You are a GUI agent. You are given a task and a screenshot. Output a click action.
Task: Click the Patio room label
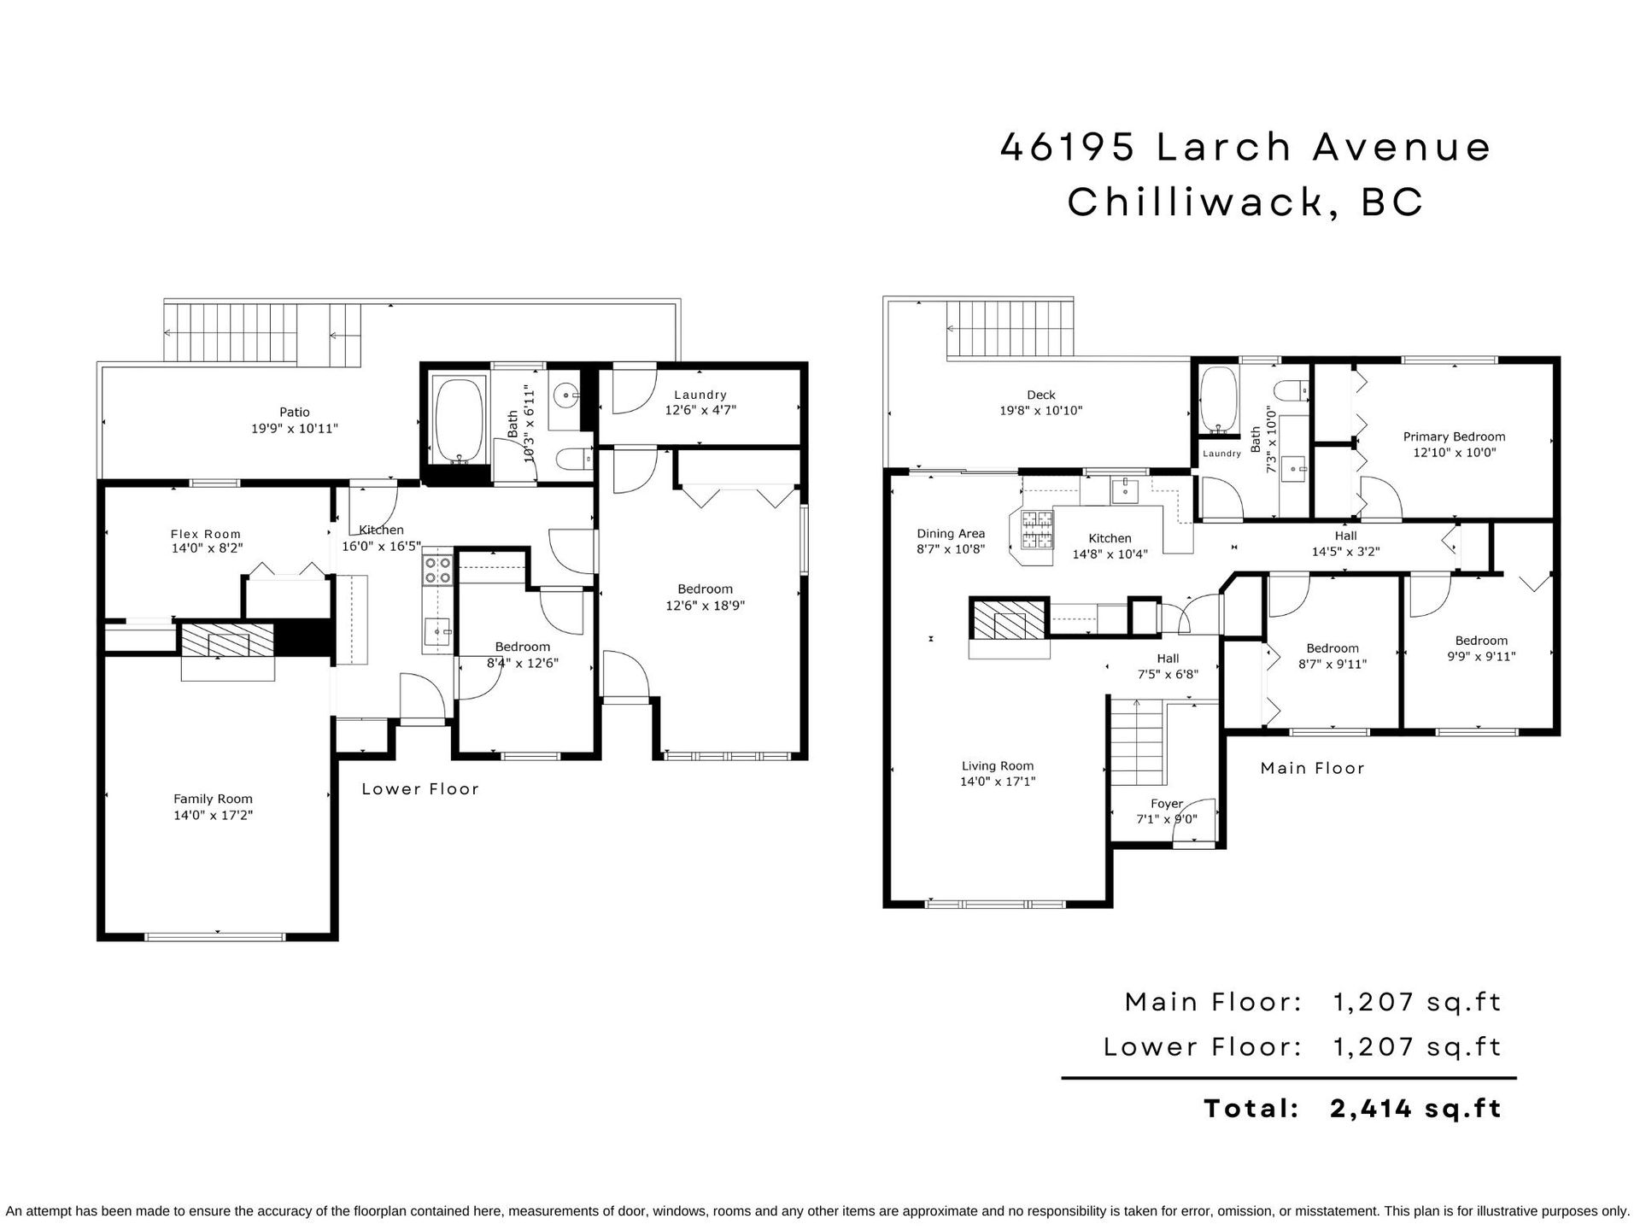click(295, 413)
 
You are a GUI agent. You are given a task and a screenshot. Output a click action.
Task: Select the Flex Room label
click(206, 535)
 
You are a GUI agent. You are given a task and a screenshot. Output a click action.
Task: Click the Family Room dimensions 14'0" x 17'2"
click(214, 815)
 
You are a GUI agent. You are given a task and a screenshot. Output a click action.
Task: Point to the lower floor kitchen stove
click(437, 570)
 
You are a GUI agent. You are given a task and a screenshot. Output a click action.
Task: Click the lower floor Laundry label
click(700, 395)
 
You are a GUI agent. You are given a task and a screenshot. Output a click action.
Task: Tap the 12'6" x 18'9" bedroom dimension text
click(706, 606)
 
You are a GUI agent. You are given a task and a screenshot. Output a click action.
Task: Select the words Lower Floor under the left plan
click(420, 789)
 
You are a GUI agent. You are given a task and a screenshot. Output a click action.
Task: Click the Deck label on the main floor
click(1041, 395)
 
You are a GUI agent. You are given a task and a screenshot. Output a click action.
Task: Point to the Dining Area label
click(951, 534)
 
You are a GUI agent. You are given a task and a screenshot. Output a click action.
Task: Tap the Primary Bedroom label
click(1455, 436)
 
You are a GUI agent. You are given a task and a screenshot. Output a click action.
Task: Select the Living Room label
click(998, 766)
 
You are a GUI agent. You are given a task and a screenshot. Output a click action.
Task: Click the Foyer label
click(1167, 804)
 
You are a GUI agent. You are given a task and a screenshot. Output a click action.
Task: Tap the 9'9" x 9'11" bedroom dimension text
click(1481, 657)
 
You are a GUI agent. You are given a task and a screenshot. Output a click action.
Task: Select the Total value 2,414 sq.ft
click(1415, 1109)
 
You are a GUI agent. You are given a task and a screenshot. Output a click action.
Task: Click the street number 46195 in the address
click(1068, 147)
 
